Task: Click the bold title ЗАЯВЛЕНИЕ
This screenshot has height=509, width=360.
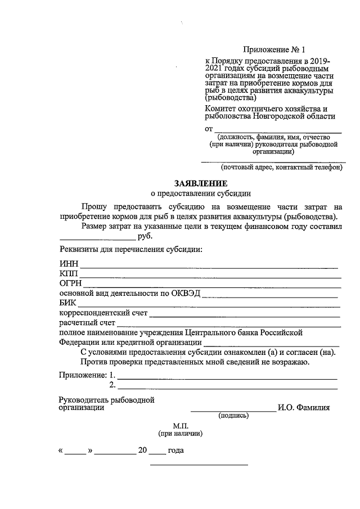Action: tap(201, 183)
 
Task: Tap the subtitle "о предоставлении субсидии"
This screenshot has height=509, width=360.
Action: tap(201, 193)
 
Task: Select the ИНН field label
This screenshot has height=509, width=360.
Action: tap(69, 264)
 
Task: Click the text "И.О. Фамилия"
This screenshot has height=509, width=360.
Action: tap(304, 408)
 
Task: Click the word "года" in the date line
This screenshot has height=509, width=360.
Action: tap(177, 451)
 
